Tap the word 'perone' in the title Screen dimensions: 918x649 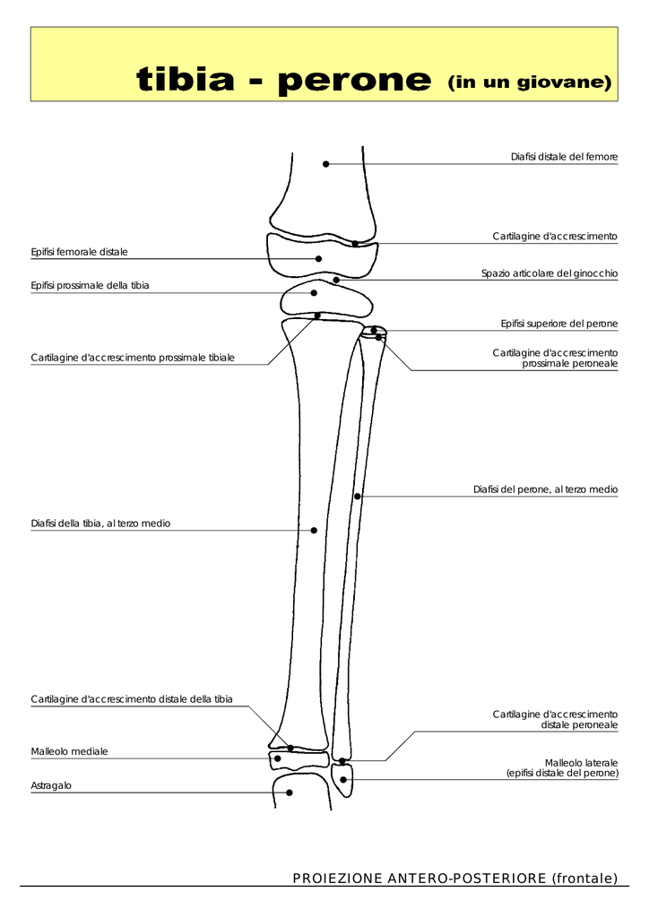(354, 82)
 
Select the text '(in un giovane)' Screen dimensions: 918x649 (529, 82)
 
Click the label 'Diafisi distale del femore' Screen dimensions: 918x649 (564, 157)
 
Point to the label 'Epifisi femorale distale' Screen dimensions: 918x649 (80, 252)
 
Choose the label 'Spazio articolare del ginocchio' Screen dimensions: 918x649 (549, 273)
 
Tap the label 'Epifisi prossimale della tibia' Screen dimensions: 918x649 (90, 285)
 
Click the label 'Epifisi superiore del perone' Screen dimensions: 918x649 (558, 323)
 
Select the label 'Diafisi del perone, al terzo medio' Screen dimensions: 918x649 (545, 489)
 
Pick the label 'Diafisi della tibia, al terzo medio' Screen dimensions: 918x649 (100, 523)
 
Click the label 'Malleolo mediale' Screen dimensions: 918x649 (69, 751)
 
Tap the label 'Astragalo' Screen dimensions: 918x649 (51, 785)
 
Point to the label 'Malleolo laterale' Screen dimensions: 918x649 (581, 762)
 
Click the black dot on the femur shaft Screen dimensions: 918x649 (326, 164)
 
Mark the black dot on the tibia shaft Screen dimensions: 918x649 (314, 531)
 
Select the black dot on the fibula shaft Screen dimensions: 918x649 (357, 496)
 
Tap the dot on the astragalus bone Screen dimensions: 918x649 (289, 792)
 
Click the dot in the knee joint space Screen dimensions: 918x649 (336, 280)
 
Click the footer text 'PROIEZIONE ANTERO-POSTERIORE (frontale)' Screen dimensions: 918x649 (455, 879)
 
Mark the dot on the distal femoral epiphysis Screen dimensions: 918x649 (318, 259)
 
